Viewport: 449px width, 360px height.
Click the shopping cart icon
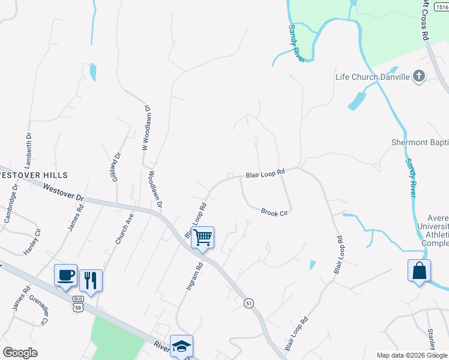click(x=203, y=238)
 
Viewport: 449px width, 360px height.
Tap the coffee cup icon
click(x=65, y=276)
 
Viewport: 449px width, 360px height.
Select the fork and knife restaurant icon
click(x=91, y=280)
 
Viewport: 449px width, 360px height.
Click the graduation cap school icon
click(x=181, y=346)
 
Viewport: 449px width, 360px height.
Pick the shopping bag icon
click(x=419, y=271)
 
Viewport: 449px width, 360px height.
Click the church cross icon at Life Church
click(x=419, y=76)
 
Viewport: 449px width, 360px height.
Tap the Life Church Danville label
click(x=372, y=77)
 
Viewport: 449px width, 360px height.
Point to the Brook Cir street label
click(x=275, y=212)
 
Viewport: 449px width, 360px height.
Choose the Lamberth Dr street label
click(x=27, y=150)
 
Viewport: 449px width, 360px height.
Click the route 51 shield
click(x=248, y=304)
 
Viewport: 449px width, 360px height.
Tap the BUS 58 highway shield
click(x=78, y=304)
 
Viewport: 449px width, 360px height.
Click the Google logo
click(x=20, y=353)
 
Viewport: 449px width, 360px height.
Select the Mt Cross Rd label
click(x=426, y=20)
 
